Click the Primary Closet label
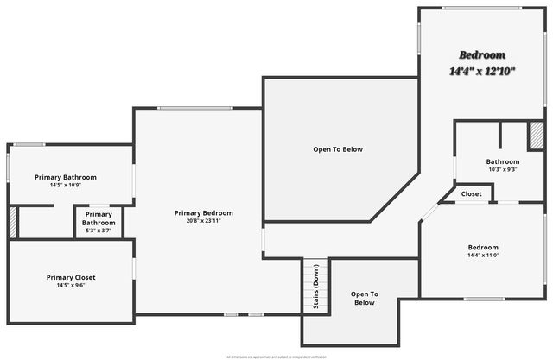71,277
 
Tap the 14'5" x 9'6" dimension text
71,286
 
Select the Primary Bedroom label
203,213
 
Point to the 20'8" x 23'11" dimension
203,221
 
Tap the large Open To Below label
338,149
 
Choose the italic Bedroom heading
482,54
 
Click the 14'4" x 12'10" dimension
482,71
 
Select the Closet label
471,194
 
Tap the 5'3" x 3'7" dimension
99,231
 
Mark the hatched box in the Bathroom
536,136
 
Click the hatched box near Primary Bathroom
12,221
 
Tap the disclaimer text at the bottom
276,356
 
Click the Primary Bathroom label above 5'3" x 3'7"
99,218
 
